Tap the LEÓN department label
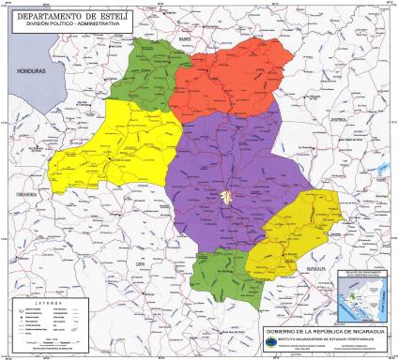click(x=143, y=264)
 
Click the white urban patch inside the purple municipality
click(x=228, y=198)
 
